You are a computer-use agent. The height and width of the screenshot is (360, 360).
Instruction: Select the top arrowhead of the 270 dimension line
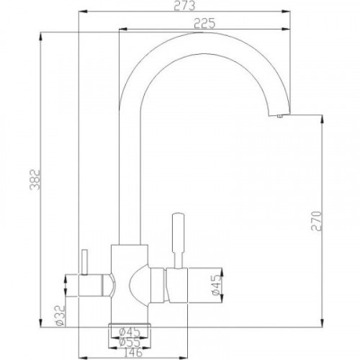pos(318,122)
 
